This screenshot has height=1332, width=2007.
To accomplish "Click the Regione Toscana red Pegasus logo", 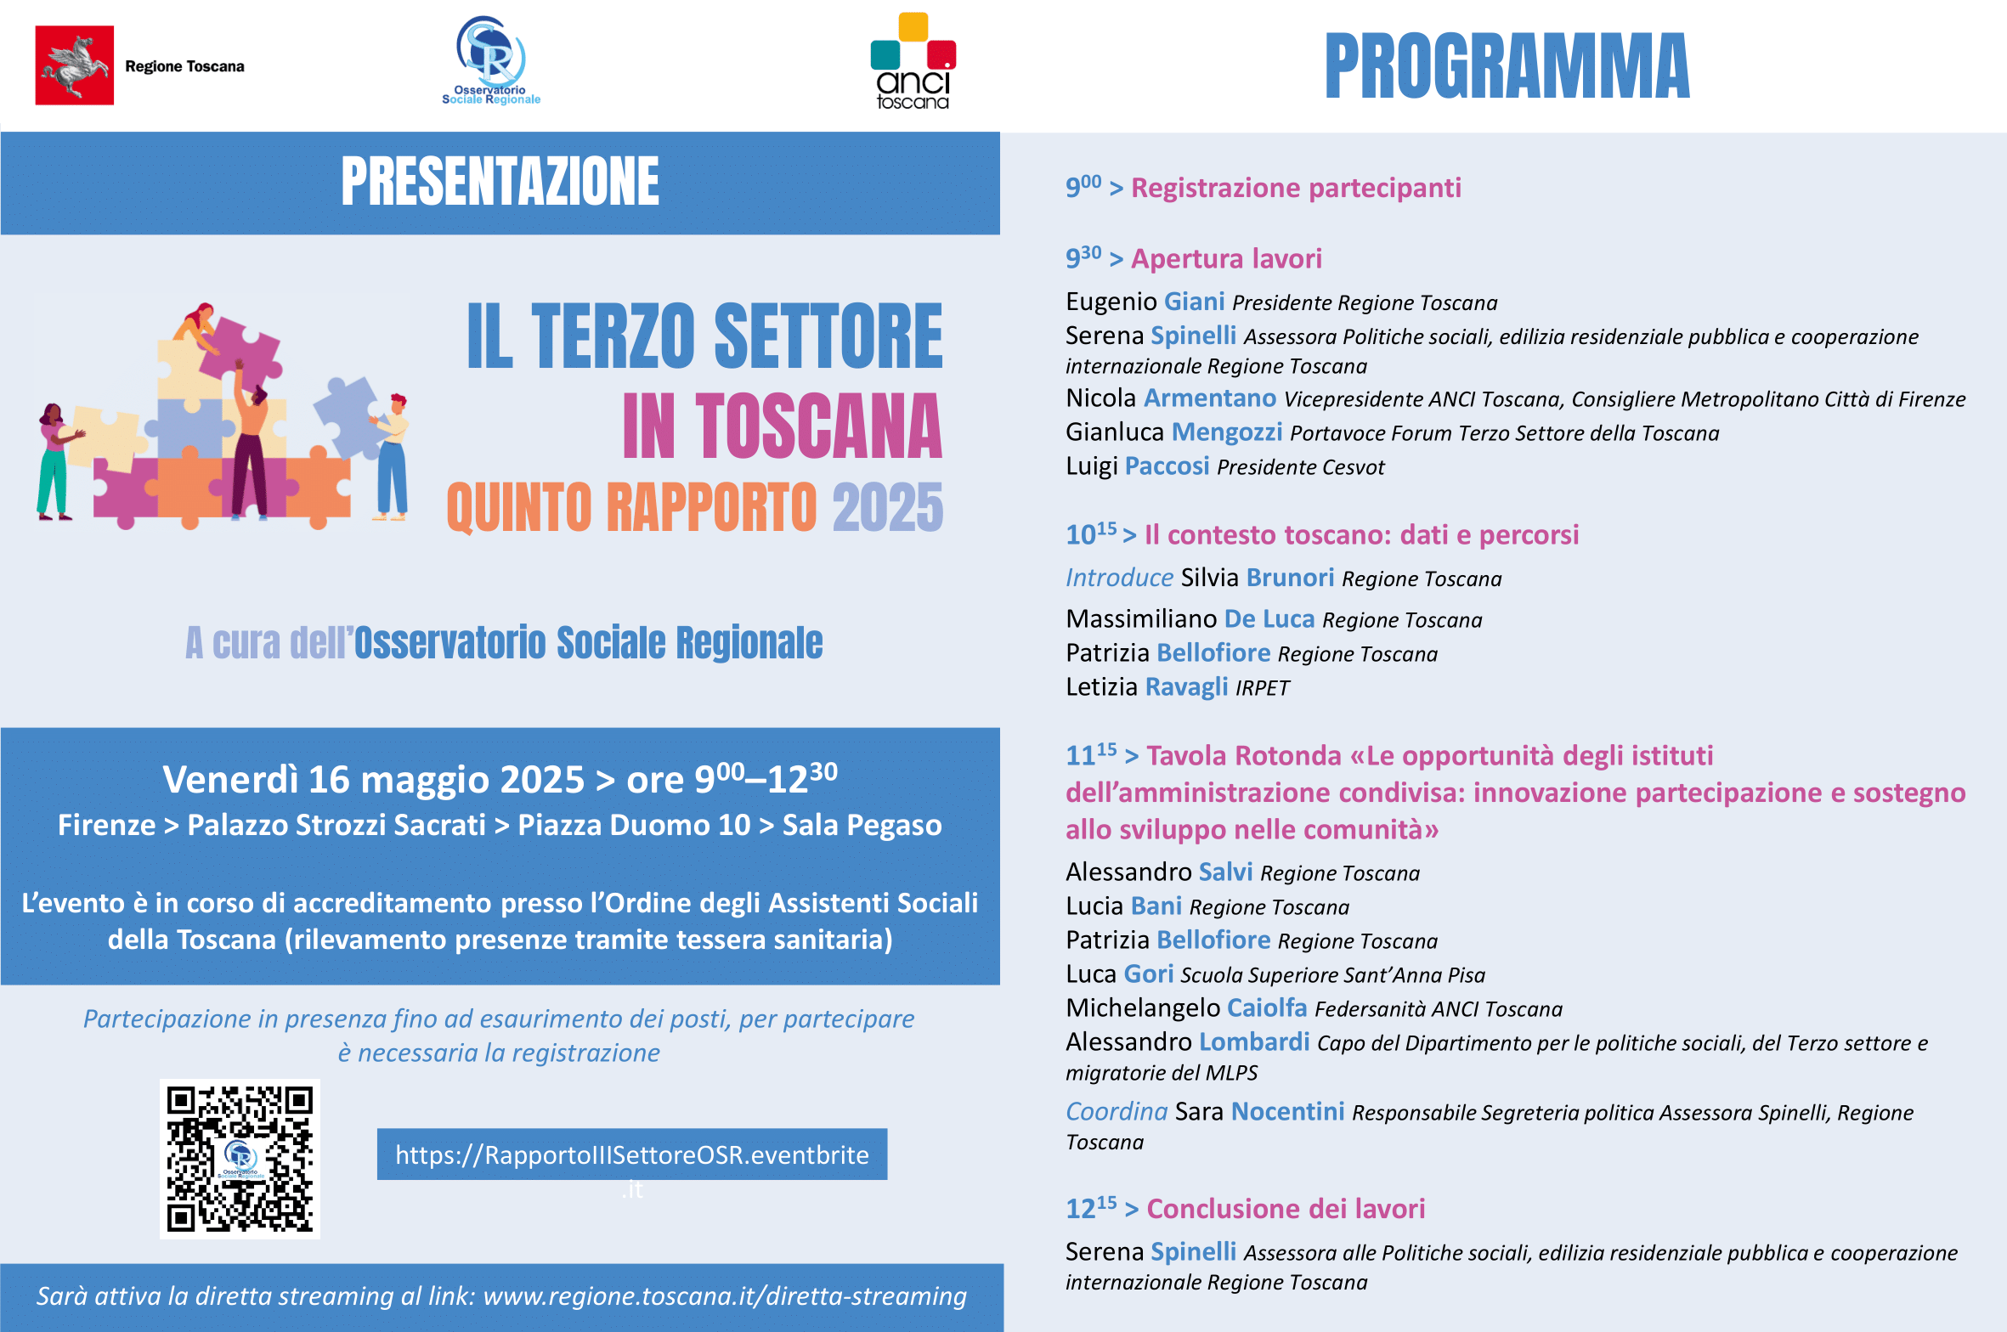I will click(75, 65).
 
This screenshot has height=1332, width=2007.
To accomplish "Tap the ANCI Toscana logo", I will click(913, 62).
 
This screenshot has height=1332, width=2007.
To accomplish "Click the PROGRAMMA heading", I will click(1507, 66).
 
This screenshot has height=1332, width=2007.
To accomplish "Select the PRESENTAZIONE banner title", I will click(500, 182).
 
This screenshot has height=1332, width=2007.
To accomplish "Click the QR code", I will click(240, 1159).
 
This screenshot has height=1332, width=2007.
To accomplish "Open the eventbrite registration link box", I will click(631, 1154).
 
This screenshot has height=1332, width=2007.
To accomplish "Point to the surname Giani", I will click(1194, 302).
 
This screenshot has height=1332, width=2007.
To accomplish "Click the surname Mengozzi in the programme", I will click(1227, 432).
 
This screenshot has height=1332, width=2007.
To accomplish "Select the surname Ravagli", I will click(1186, 686).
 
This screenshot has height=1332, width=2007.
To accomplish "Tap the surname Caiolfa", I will click(1267, 1008).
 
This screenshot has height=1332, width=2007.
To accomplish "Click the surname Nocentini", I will click(1287, 1112).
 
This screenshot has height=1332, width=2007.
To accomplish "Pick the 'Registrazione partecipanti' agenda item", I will click(1296, 188).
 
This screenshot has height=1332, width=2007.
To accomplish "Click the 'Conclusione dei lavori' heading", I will click(1286, 1209).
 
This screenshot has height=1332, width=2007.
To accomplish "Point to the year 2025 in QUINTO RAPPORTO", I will click(887, 508).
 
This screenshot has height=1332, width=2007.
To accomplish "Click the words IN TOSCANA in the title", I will click(782, 427).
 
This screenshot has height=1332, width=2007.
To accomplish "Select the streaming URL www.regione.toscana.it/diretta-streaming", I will click(725, 1296).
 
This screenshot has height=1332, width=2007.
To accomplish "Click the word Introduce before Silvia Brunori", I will click(1119, 579).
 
